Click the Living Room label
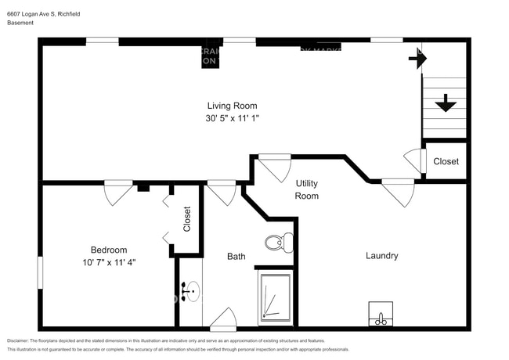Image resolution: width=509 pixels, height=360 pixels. tap(232, 106)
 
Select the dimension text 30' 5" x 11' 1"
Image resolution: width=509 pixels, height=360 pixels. tap(232, 118)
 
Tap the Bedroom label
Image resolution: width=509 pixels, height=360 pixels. tap(108, 250)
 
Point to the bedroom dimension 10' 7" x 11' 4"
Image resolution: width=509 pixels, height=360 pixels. tap(108, 262)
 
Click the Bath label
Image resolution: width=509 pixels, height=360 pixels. tap(236, 256)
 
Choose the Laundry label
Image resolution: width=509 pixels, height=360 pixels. tap(381, 255)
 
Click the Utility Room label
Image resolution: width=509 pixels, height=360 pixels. tap(306, 189)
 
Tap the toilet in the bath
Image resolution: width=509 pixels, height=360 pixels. tap(276, 243)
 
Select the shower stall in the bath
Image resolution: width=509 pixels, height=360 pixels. tap(276, 297)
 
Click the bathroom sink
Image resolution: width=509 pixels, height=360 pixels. tap(190, 292)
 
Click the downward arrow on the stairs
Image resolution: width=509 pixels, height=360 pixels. tap(446, 103)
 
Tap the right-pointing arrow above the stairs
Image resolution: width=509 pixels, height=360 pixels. tap(418, 58)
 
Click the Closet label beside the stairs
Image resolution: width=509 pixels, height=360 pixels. tap(446, 161)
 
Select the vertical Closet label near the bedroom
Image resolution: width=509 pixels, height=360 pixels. tap(186, 218)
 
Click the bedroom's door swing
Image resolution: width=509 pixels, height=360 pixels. tap(117, 193)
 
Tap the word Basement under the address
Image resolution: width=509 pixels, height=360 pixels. tap(20, 23)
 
